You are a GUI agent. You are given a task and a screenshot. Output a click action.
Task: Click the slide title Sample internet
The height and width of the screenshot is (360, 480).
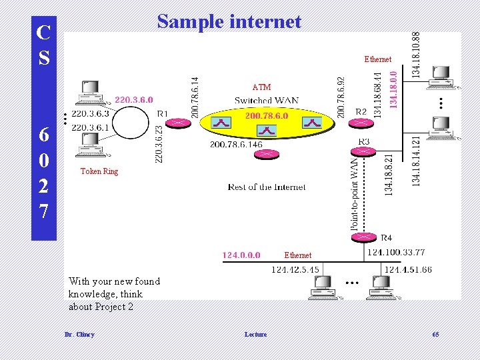pos(229,22)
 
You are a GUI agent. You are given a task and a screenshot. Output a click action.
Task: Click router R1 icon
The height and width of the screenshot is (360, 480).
pos(179,123)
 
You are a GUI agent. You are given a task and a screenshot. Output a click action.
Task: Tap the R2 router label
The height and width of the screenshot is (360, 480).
pos(361,111)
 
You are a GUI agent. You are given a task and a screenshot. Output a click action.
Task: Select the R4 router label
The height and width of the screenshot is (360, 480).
pos(386,237)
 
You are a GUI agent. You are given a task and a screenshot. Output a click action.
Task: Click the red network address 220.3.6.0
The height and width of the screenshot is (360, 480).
pos(138,100)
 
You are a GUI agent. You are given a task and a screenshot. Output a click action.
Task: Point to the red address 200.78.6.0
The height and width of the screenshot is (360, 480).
pos(267,115)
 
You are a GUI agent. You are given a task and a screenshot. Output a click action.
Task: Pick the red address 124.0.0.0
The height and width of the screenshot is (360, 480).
pos(241,255)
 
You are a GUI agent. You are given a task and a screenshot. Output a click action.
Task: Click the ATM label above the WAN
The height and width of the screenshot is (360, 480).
pos(261,87)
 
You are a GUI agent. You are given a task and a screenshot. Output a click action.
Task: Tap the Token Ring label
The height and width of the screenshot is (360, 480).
pos(99,171)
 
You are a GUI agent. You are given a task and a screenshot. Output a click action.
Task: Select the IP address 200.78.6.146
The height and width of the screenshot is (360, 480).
pos(236,144)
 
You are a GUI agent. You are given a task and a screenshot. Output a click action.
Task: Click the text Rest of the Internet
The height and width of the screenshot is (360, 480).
pos(267,187)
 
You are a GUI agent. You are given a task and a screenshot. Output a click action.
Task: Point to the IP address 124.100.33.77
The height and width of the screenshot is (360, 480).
pos(396,252)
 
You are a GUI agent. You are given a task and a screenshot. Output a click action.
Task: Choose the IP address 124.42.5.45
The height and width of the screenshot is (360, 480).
pos(295,269)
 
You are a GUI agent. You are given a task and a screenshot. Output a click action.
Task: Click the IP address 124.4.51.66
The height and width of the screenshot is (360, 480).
pos(408,269)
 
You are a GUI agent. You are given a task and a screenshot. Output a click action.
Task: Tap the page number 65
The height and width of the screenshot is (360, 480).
pos(435,334)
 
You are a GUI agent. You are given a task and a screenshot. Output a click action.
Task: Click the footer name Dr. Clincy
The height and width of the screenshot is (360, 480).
pos(79,334)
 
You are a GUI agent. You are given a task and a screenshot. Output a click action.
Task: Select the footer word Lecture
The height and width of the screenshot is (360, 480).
pos(255,334)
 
